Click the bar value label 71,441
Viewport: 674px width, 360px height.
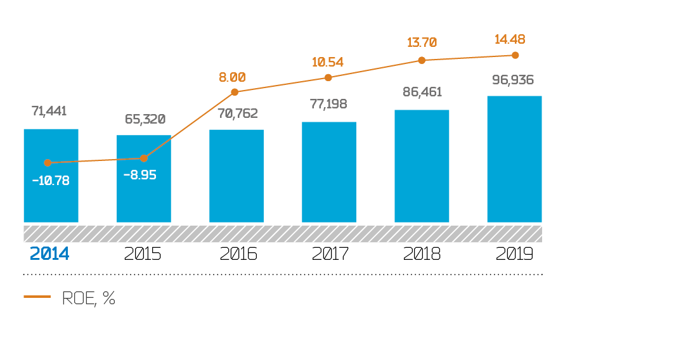coord(49,112)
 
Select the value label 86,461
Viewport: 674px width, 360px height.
coord(422,92)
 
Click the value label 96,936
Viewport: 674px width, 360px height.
coord(514,80)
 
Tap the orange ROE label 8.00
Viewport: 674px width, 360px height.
coord(232,77)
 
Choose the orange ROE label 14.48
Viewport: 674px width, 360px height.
coord(510,39)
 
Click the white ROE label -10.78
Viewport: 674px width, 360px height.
coord(51,180)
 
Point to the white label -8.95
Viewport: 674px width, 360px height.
coord(139,175)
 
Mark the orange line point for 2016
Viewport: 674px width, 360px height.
coord(235,92)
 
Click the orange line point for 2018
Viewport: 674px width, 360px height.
coord(421,60)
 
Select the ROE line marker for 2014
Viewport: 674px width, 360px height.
coord(47,163)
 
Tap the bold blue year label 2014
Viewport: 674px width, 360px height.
coord(49,254)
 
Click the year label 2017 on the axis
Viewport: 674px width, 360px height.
coord(330,254)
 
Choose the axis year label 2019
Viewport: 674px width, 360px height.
coord(515,254)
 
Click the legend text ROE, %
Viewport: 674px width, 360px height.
coord(89,299)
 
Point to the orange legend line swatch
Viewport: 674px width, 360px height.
coord(37,297)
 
